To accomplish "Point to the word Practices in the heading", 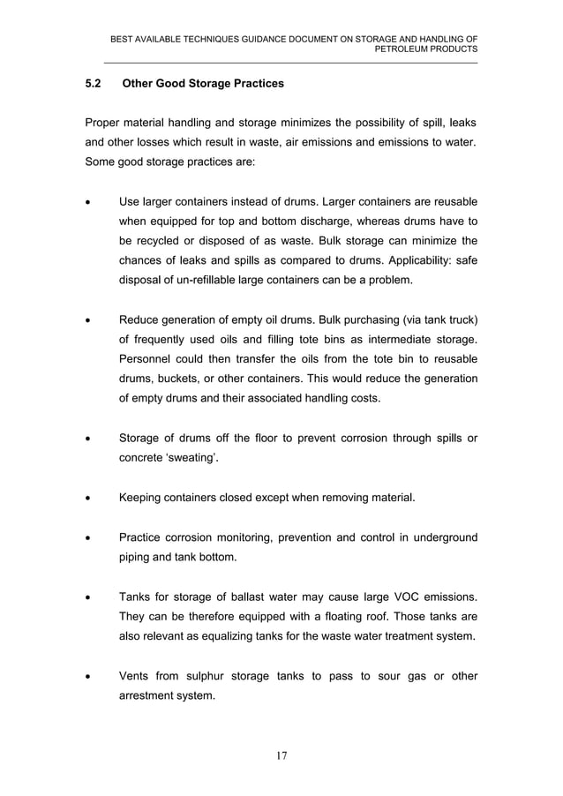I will (255, 85).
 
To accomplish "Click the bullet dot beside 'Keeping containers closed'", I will (87, 499).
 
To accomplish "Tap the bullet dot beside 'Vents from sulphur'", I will (87, 677).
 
